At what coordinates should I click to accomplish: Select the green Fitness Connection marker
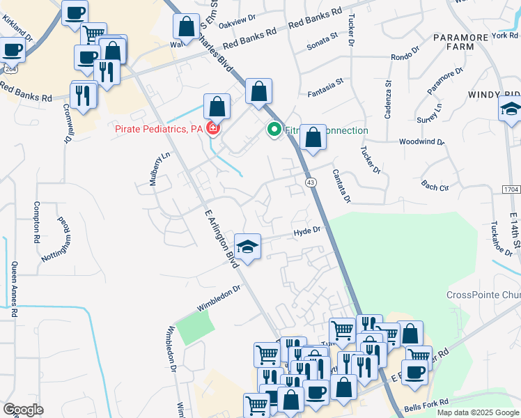[274, 130]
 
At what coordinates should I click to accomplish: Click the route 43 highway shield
[311, 182]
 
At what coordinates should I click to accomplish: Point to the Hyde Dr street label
[306, 229]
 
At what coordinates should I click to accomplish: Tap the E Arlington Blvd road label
[219, 237]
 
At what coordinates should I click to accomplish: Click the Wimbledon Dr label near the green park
[218, 297]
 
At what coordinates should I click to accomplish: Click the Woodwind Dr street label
[421, 141]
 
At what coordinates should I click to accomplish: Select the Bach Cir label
[435, 187]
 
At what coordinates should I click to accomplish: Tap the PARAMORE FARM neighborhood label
[462, 42]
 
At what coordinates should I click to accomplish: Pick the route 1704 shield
[511, 189]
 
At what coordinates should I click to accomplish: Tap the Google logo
[23, 410]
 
